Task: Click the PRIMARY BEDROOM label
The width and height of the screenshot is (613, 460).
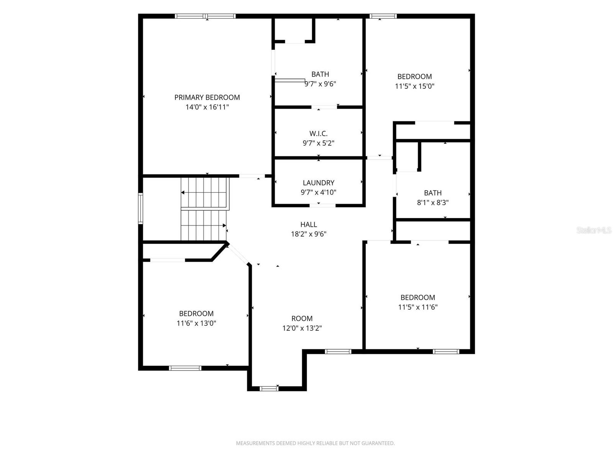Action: [x=207, y=97]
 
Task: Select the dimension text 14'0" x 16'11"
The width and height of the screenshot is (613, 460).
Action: [x=207, y=107]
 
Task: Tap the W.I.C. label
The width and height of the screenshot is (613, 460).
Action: [x=318, y=133]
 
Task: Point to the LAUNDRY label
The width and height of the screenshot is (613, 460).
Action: [x=318, y=183]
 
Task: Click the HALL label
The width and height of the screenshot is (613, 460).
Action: [x=308, y=225]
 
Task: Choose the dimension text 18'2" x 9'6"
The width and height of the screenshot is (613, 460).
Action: [x=308, y=234]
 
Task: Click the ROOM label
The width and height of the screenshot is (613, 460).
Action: [x=302, y=319]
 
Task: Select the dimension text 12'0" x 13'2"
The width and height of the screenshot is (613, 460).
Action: [x=302, y=328]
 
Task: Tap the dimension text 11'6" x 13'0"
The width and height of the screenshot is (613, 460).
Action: [x=196, y=323]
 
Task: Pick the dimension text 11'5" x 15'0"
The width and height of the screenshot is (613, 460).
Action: [x=415, y=86]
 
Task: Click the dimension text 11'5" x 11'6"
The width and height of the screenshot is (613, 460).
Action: [x=418, y=307]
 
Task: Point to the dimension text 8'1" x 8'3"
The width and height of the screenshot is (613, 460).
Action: [x=433, y=202]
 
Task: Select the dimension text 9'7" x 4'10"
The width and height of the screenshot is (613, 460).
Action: [x=318, y=192]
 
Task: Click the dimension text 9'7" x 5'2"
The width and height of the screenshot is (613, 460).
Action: [x=318, y=143]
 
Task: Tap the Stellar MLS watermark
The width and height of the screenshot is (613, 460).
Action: [x=594, y=230]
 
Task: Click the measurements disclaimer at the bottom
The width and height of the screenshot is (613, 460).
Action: [x=315, y=443]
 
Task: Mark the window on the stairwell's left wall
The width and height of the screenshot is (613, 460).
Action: [x=141, y=209]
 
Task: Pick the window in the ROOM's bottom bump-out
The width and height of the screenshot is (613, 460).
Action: [x=269, y=388]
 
